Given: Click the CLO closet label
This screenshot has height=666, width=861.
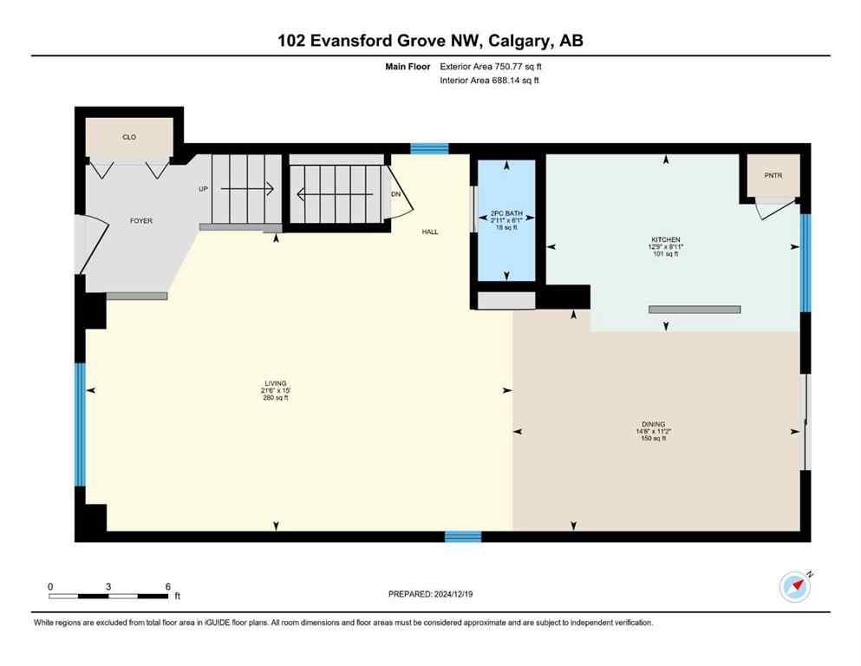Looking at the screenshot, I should pyautogui.click(x=129, y=137).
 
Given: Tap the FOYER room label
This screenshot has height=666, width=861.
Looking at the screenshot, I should pyautogui.click(x=140, y=221).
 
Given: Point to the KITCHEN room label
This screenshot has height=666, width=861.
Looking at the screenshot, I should pyautogui.click(x=666, y=239).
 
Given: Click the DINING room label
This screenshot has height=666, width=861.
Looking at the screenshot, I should pyautogui.click(x=654, y=424).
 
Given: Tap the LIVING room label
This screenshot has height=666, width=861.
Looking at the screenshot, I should pyautogui.click(x=276, y=383).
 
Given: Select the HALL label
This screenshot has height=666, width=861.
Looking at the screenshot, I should pyautogui.click(x=429, y=232).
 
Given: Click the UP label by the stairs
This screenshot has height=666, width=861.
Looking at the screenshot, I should pyautogui.click(x=204, y=188).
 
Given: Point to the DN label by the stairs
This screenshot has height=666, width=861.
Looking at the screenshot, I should pyautogui.click(x=395, y=194).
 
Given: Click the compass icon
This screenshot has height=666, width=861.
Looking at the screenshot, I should pyautogui.click(x=794, y=586).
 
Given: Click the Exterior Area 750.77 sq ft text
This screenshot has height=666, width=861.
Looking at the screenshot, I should pyautogui.click(x=492, y=66).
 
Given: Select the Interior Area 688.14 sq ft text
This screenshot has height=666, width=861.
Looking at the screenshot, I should pyautogui.click(x=491, y=81).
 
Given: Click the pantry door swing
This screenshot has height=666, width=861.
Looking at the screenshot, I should pyautogui.click(x=773, y=208).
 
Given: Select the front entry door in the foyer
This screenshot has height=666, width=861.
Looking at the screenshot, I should pyautogui.click(x=91, y=244).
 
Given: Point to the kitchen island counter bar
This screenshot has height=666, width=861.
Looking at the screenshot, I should pyautogui.click(x=695, y=309).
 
